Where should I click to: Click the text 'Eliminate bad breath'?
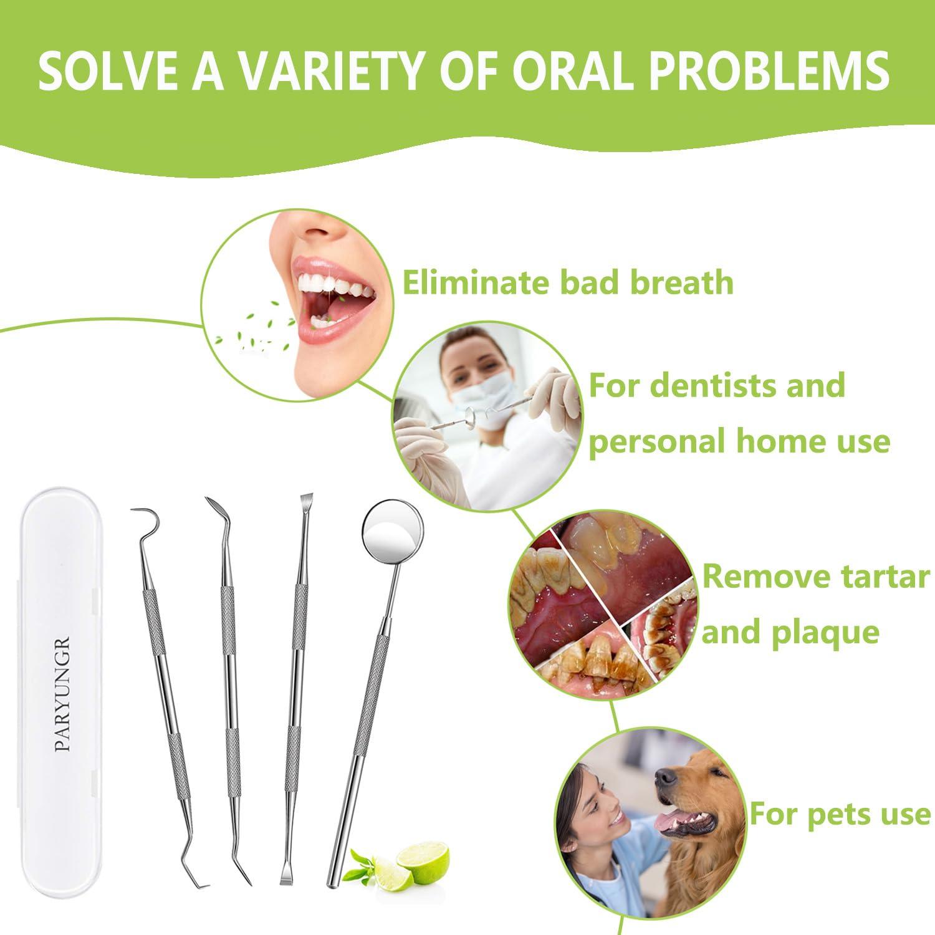click(568, 282)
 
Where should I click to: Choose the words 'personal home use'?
click(739, 441)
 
